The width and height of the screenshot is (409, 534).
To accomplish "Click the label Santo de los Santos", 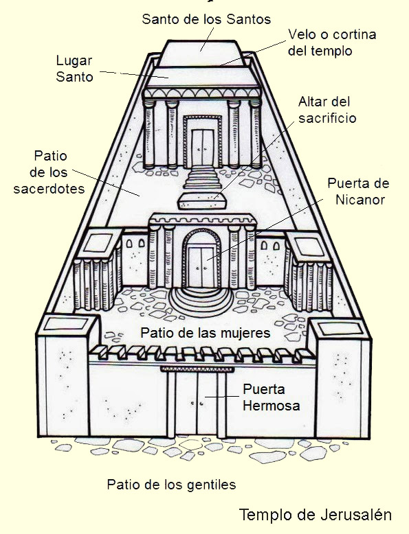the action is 206,19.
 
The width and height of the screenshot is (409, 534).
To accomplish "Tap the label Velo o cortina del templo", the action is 332,43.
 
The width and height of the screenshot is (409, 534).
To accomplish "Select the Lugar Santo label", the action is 74,69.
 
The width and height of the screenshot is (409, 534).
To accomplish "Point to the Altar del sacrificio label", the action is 327,110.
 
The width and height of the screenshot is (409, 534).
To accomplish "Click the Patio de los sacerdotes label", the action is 49,172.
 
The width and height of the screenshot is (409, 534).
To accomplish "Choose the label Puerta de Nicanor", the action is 358,191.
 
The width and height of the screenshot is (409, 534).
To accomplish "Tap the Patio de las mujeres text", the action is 206,333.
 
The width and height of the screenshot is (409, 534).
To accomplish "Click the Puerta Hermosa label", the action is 272,397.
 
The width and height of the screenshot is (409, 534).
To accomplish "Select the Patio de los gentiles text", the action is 171,485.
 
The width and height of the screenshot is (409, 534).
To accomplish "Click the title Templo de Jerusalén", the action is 316,515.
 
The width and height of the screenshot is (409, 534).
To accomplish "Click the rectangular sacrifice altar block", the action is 202,200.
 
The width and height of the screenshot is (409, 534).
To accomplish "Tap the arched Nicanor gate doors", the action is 202,267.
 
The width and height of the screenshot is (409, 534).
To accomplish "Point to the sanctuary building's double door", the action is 203,147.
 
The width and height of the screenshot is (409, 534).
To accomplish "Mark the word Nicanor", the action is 360,200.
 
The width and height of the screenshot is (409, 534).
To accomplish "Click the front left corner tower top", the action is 67,325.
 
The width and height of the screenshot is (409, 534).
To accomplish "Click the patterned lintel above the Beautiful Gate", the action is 193,369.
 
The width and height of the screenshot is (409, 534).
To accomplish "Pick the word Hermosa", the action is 272,406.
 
